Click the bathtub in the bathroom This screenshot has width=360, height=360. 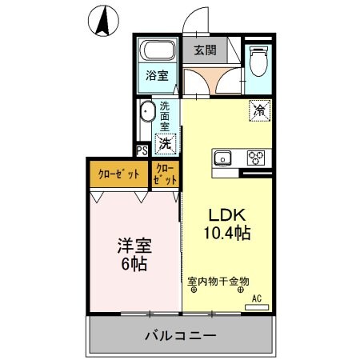156,52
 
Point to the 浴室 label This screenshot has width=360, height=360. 156,75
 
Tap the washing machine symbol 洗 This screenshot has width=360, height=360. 164,144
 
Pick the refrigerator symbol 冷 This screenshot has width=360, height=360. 258,110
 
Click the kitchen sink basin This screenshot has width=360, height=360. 222,156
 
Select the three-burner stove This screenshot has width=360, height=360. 256,157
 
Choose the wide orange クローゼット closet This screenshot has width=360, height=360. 118,174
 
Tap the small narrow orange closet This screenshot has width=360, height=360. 166,174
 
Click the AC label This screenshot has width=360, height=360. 257,298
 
